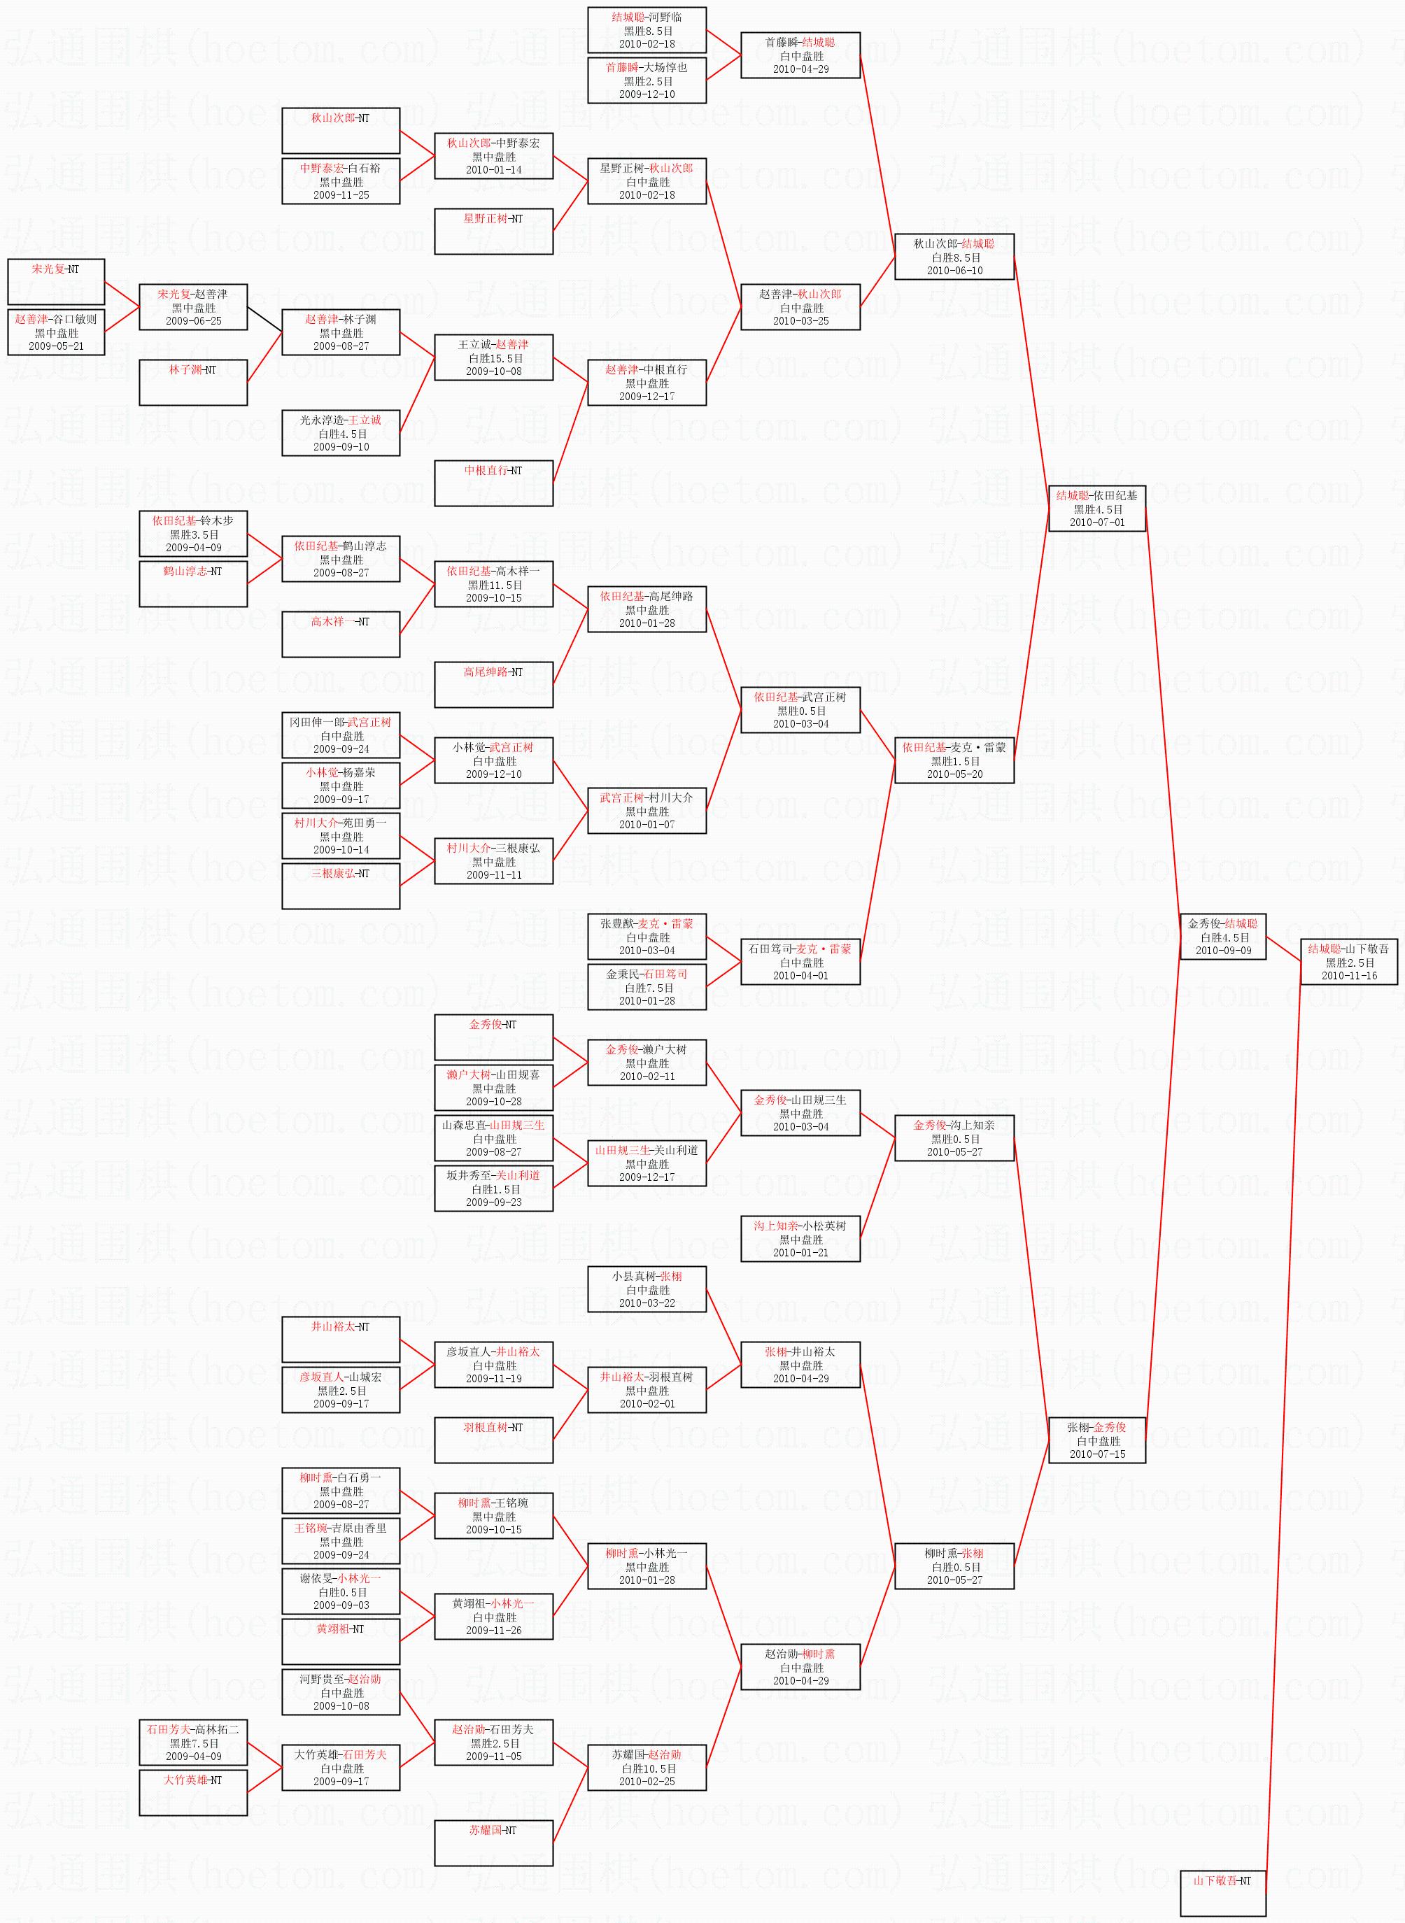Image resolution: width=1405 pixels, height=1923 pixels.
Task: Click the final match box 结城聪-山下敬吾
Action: coord(1348,961)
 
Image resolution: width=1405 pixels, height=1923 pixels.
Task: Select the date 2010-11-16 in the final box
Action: coord(1349,975)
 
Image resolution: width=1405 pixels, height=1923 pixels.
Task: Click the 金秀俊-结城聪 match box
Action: coord(1222,937)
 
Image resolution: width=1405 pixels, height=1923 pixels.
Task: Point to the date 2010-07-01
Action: coord(1096,522)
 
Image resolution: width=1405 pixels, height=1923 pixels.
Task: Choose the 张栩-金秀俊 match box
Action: coord(1096,1441)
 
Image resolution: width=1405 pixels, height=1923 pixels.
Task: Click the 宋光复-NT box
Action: coord(56,281)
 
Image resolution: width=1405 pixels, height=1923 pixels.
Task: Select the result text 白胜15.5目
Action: coord(494,358)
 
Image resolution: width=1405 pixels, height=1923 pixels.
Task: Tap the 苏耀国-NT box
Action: coord(493,1843)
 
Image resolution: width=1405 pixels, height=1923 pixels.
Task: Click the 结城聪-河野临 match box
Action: coord(647,30)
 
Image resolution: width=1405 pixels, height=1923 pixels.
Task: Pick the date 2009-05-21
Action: coord(56,346)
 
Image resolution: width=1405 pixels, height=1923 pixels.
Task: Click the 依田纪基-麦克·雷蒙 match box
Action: coord(954,760)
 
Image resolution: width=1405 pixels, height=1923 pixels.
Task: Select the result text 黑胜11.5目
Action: coord(494,585)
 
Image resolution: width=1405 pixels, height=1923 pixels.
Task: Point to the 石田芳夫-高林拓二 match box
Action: coord(193,1742)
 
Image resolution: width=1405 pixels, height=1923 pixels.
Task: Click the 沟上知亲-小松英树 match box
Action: coord(800,1239)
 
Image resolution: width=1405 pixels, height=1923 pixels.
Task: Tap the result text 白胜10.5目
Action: coord(647,1768)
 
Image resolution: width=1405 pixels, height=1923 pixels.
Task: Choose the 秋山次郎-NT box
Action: coord(340,130)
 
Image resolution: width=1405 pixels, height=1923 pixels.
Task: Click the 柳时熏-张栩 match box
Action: coord(954,1566)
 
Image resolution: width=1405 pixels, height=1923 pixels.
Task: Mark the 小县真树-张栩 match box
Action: coord(647,1289)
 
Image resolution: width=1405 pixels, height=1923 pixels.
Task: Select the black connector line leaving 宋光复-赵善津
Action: coord(264,320)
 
